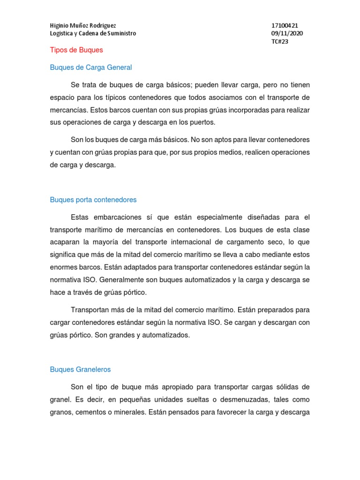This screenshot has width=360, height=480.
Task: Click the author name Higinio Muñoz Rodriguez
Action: (83, 25)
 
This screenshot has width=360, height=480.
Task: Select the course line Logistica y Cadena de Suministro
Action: (93, 33)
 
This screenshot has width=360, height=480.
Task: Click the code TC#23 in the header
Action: (280, 41)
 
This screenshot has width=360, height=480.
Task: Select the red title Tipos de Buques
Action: (76, 50)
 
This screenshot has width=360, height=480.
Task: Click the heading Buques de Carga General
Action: (91, 67)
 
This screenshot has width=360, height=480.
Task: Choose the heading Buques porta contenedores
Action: (93, 200)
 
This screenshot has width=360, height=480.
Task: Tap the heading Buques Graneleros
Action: (80, 369)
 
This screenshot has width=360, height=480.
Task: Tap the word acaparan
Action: (65, 242)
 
